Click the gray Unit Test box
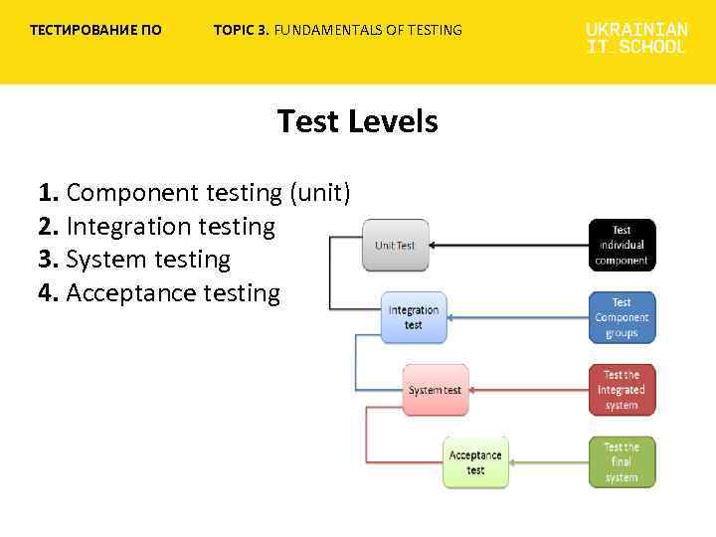[395, 245]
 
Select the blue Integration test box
[413, 317]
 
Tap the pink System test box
[435, 390]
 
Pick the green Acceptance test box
[475, 462]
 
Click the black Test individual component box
[622, 245]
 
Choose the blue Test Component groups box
[622, 317]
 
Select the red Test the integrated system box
[622, 390]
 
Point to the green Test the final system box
[622, 462]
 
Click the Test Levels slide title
[357, 121]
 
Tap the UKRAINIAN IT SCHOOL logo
[636, 38]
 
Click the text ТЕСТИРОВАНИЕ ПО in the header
[95, 30]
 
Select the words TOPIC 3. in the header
[242, 30]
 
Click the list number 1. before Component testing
[49, 193]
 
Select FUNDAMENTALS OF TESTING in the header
[368, 30]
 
